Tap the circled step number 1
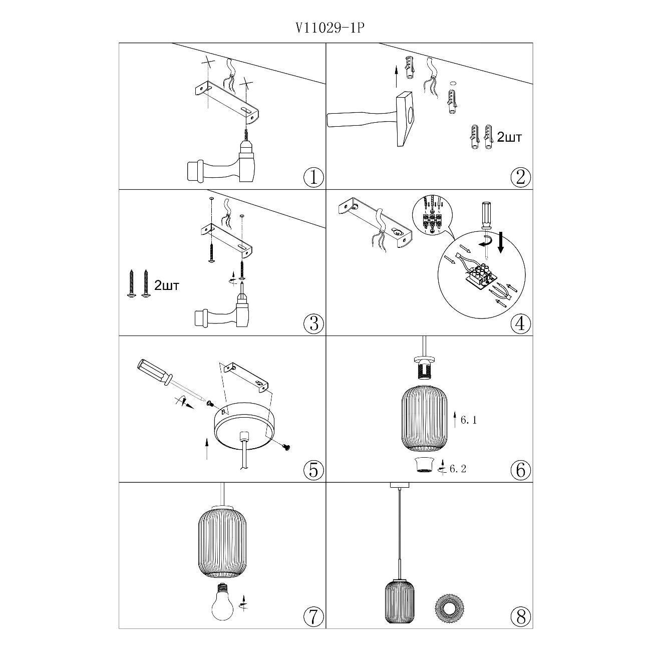[x=313, y=177]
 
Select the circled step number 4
[x=521, y=323]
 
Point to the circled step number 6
[x=521, y=470]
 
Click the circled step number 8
[x=521, y=617]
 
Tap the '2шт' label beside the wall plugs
[x=510, y=138]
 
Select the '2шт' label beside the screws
[x=167, y=286]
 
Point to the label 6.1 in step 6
[x=469, y=420]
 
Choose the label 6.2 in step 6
[x=458, y=469]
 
